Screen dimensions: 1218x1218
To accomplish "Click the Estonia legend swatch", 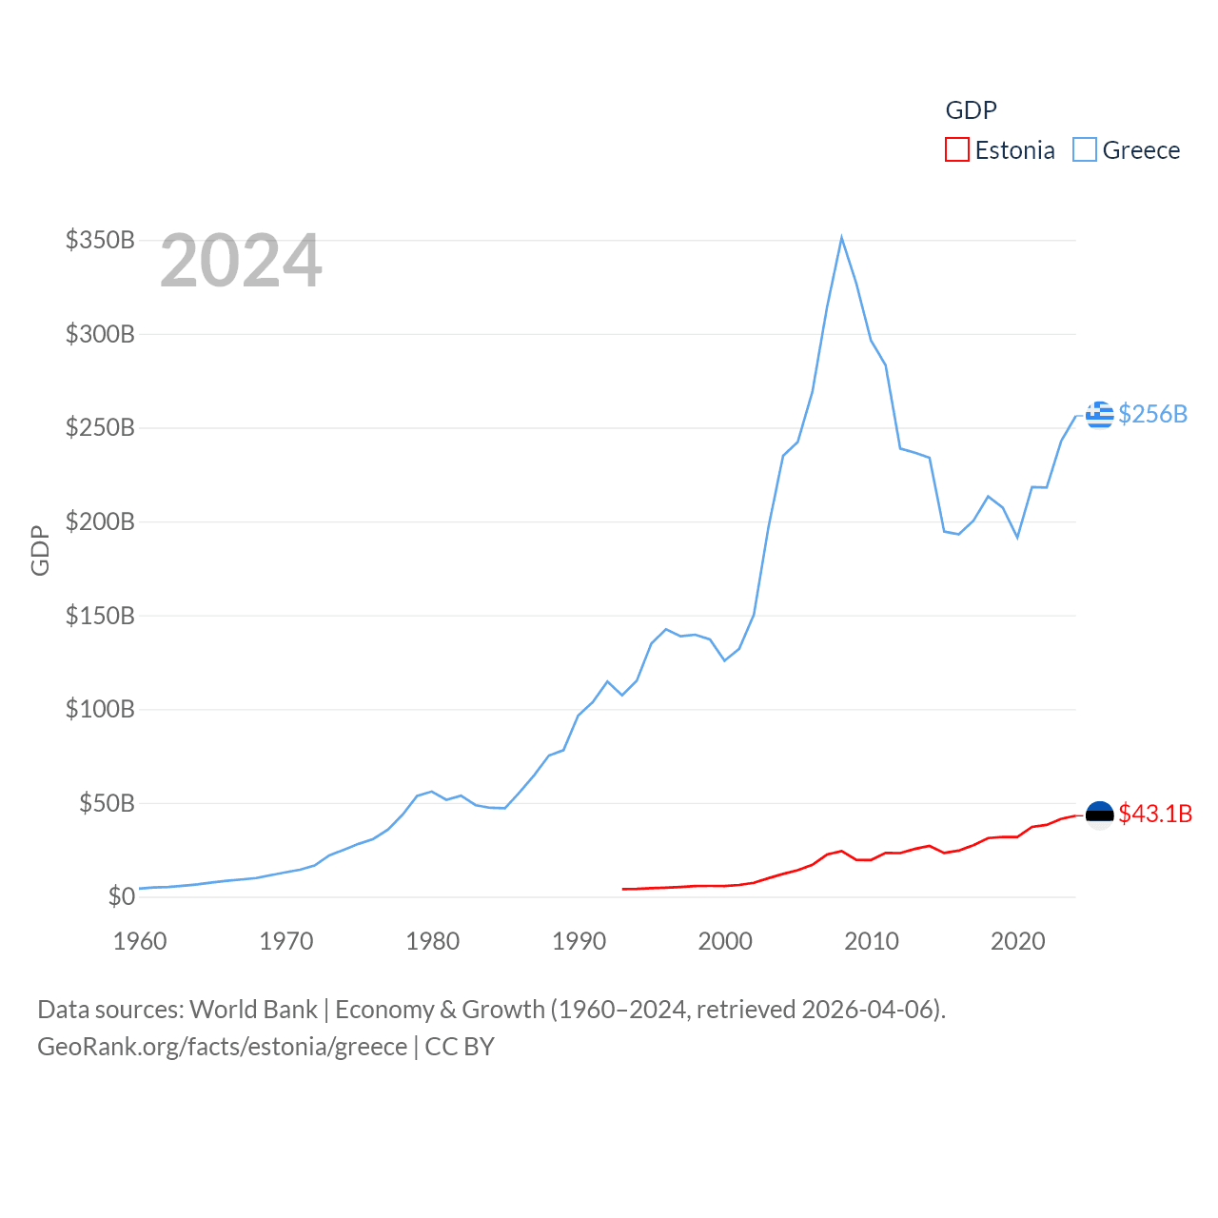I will point(956,150).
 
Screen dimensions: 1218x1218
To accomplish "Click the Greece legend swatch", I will point(1084,150).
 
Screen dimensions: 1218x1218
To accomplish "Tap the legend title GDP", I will point(971,110).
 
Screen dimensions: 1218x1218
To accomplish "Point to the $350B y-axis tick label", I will point(100,240).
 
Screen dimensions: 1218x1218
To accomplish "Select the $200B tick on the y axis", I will point(100,521).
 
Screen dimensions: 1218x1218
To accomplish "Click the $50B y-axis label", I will point(107,803).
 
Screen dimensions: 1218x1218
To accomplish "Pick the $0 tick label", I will point(121,896).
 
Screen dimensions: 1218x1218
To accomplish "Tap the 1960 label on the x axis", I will point(140,941).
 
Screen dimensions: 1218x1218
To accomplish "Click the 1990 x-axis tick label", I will point(579,941).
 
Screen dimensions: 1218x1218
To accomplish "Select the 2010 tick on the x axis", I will point(872,941).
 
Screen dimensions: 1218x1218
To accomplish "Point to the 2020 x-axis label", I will point(1018,941).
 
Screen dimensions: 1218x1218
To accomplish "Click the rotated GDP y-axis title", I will point(40,550).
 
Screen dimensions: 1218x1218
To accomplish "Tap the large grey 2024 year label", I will point(241,261).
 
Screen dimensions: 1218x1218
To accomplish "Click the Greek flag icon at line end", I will point(1099,415).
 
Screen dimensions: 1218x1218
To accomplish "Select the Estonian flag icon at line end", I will point(1099,815).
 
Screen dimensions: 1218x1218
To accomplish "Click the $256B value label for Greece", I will point(1153,414).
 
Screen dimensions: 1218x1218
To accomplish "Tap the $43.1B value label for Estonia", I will point(1155,814).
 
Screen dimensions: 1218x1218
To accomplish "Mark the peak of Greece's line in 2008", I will point(842,238).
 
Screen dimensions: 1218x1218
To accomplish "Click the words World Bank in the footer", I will point(253,1010).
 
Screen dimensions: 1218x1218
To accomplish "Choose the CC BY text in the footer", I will point(460,1047).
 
